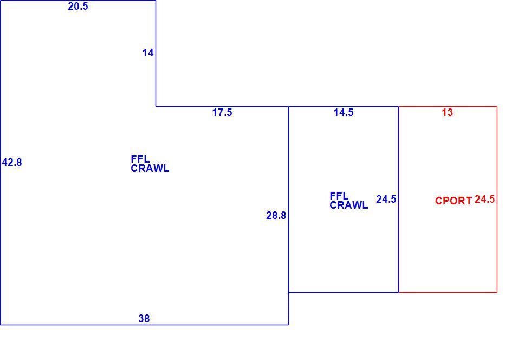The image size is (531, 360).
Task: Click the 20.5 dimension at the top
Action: pos(78,7)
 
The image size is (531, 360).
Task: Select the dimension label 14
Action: pos(148,53)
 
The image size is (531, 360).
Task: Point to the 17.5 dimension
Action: pos(222,113)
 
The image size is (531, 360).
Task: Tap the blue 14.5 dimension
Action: pos(344,113)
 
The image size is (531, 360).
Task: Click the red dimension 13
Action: pos(448,113)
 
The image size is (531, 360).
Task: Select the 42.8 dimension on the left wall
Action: pos(12,162)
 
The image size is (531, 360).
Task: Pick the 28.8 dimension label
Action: pos(276,216)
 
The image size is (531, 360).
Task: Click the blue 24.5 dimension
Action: pos(386,200)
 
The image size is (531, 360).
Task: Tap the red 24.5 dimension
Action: pos(484,200)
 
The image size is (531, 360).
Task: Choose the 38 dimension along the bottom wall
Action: pos(144,319)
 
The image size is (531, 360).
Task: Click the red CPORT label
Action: pos(454,201)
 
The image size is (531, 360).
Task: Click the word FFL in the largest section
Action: pos(140,159)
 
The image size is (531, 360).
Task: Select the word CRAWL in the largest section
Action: pos(150,169)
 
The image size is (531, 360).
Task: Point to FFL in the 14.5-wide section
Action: pos(339,196)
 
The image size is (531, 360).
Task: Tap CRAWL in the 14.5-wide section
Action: pos(349,205)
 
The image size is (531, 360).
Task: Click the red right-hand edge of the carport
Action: pos(497,200)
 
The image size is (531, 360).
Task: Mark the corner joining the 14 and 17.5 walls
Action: pos(156,106)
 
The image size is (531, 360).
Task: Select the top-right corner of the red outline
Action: pos(497,106)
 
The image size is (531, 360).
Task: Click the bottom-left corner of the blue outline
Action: pos(1,325)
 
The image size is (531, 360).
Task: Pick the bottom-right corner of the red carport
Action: pos(497,292)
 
